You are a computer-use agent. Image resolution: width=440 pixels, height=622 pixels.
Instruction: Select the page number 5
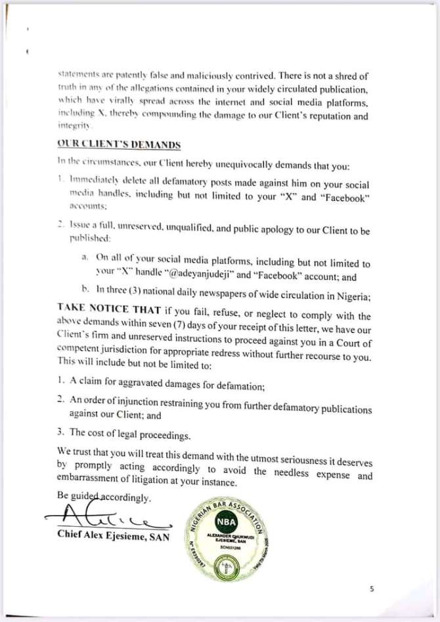pyautogui.click(x=372, y=589)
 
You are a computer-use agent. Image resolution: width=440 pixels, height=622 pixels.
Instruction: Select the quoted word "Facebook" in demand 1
pyautogui.click(x=345, y=198)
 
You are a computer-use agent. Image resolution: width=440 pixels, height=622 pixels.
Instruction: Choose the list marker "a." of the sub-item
pyautogui.click(x=85, y=257)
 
